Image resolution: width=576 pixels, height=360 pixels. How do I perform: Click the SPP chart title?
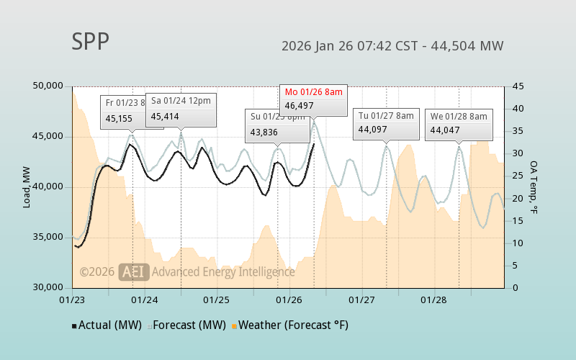click(90, 42)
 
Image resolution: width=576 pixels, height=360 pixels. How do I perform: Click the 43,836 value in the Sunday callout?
click(264, 132)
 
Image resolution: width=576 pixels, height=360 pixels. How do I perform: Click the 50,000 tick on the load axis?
click(49, 86)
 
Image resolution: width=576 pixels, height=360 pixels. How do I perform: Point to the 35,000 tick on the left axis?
click(49, 238)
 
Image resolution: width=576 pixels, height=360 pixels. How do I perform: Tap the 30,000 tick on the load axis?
click(49, 288)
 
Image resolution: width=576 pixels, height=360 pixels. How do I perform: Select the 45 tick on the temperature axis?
click(518, 86)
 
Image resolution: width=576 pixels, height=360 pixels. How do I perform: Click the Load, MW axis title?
click(27, 187)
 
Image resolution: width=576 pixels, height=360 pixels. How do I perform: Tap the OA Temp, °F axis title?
click(534, 187)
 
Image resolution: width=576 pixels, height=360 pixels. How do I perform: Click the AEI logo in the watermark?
click(134, 272)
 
